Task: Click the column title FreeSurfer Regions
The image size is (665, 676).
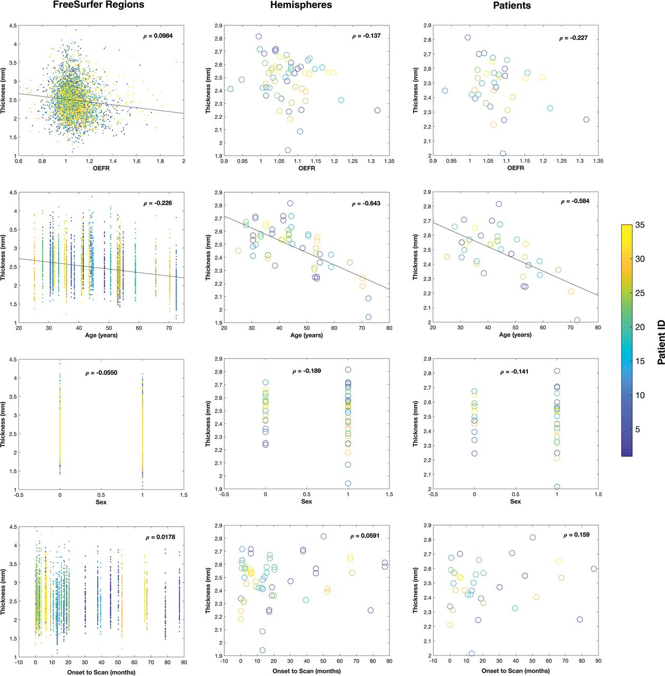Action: click(99, 5)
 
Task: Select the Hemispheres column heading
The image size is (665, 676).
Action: click(301, 5)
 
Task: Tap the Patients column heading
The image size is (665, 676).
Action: click(512, 6)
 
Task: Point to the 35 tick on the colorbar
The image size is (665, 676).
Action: click(640, 225)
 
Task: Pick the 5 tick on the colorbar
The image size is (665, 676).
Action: click(637, 429)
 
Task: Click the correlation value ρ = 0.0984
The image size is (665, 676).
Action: click(158, 36)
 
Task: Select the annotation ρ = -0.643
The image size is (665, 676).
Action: click(366, 203)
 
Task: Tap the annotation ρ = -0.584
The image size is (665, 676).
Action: click(575, 201)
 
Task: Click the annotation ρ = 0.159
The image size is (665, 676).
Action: click(576, 534)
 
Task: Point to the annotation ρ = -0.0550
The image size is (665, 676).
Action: click(101, 373)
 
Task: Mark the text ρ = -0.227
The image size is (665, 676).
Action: click(573, 38)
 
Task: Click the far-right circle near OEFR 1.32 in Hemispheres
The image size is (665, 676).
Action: click(377, 110)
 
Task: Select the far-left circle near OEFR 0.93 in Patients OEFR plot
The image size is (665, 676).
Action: click(445, 91)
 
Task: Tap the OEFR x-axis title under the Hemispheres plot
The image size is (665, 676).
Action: click(307, 168)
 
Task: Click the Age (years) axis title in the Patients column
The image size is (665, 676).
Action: click(515, 335)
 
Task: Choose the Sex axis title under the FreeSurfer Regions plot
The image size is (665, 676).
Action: click(101, 502)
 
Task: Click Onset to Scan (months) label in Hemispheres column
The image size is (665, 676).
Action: click(307, 671)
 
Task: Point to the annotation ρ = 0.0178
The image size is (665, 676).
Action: click(160, 537)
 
